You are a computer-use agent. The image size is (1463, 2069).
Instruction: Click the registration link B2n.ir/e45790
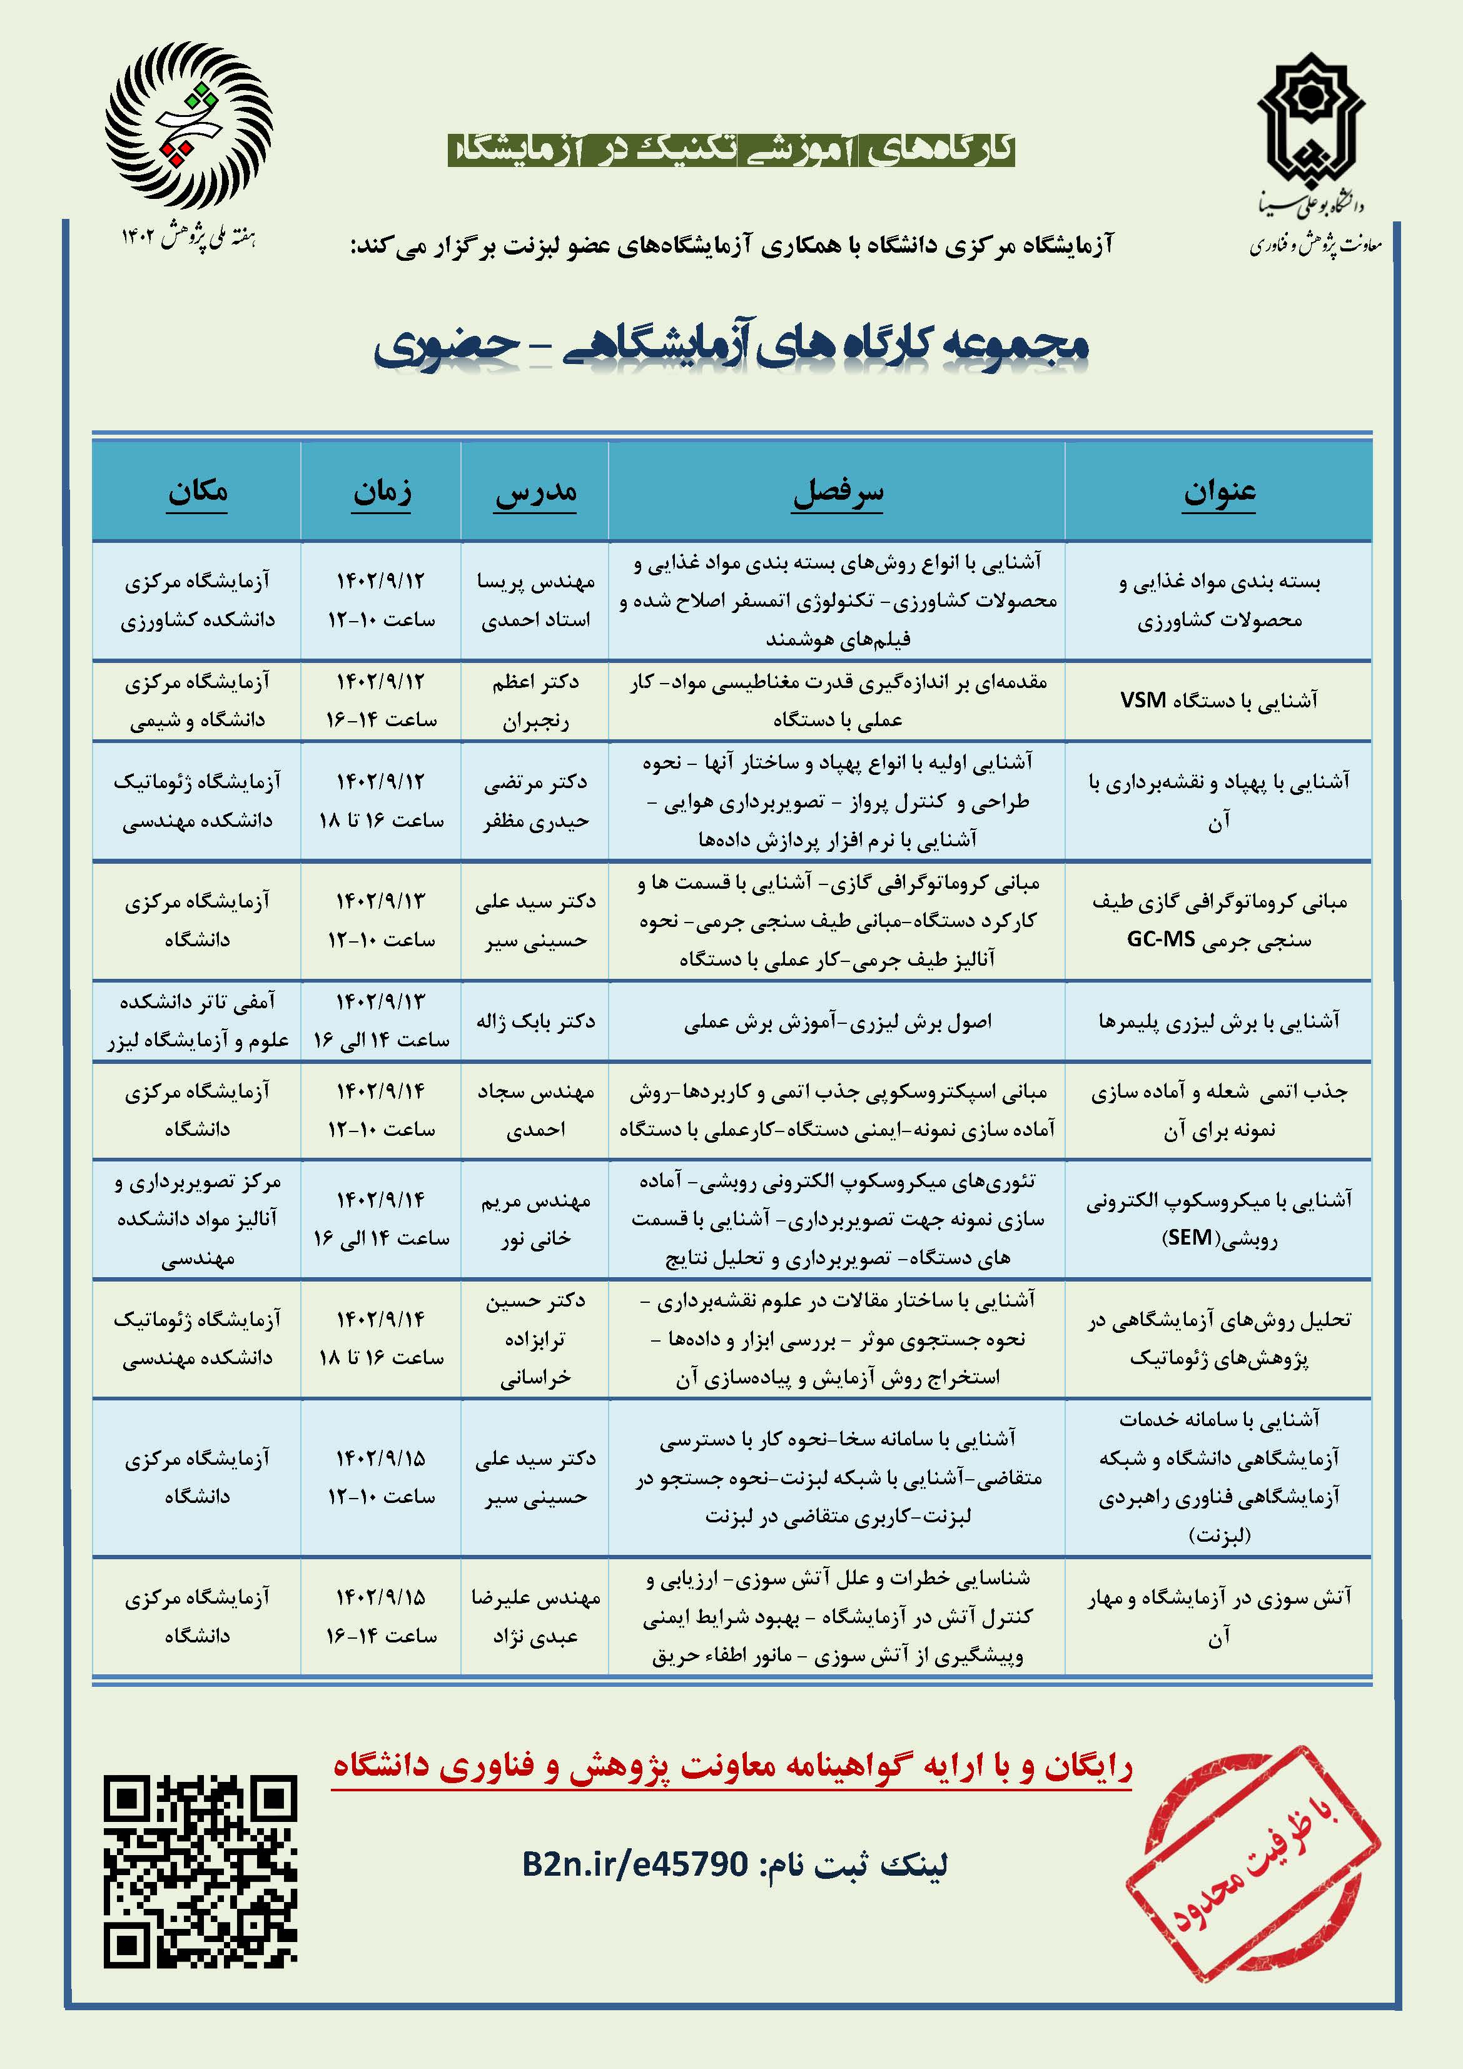635,1864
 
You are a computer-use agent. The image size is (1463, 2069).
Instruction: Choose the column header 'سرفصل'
838,492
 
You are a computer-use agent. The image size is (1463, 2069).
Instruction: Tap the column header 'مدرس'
535,493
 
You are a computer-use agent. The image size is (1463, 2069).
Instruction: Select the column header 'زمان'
382,492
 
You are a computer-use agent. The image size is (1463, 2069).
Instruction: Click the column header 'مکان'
198,492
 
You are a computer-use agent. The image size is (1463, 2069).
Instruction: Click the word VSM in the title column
1143,700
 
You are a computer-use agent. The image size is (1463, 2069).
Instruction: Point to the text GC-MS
1161,939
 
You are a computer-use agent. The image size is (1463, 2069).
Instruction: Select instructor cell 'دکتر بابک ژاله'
535,1020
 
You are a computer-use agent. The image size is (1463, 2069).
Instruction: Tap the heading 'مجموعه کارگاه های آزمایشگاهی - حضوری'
731,345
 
